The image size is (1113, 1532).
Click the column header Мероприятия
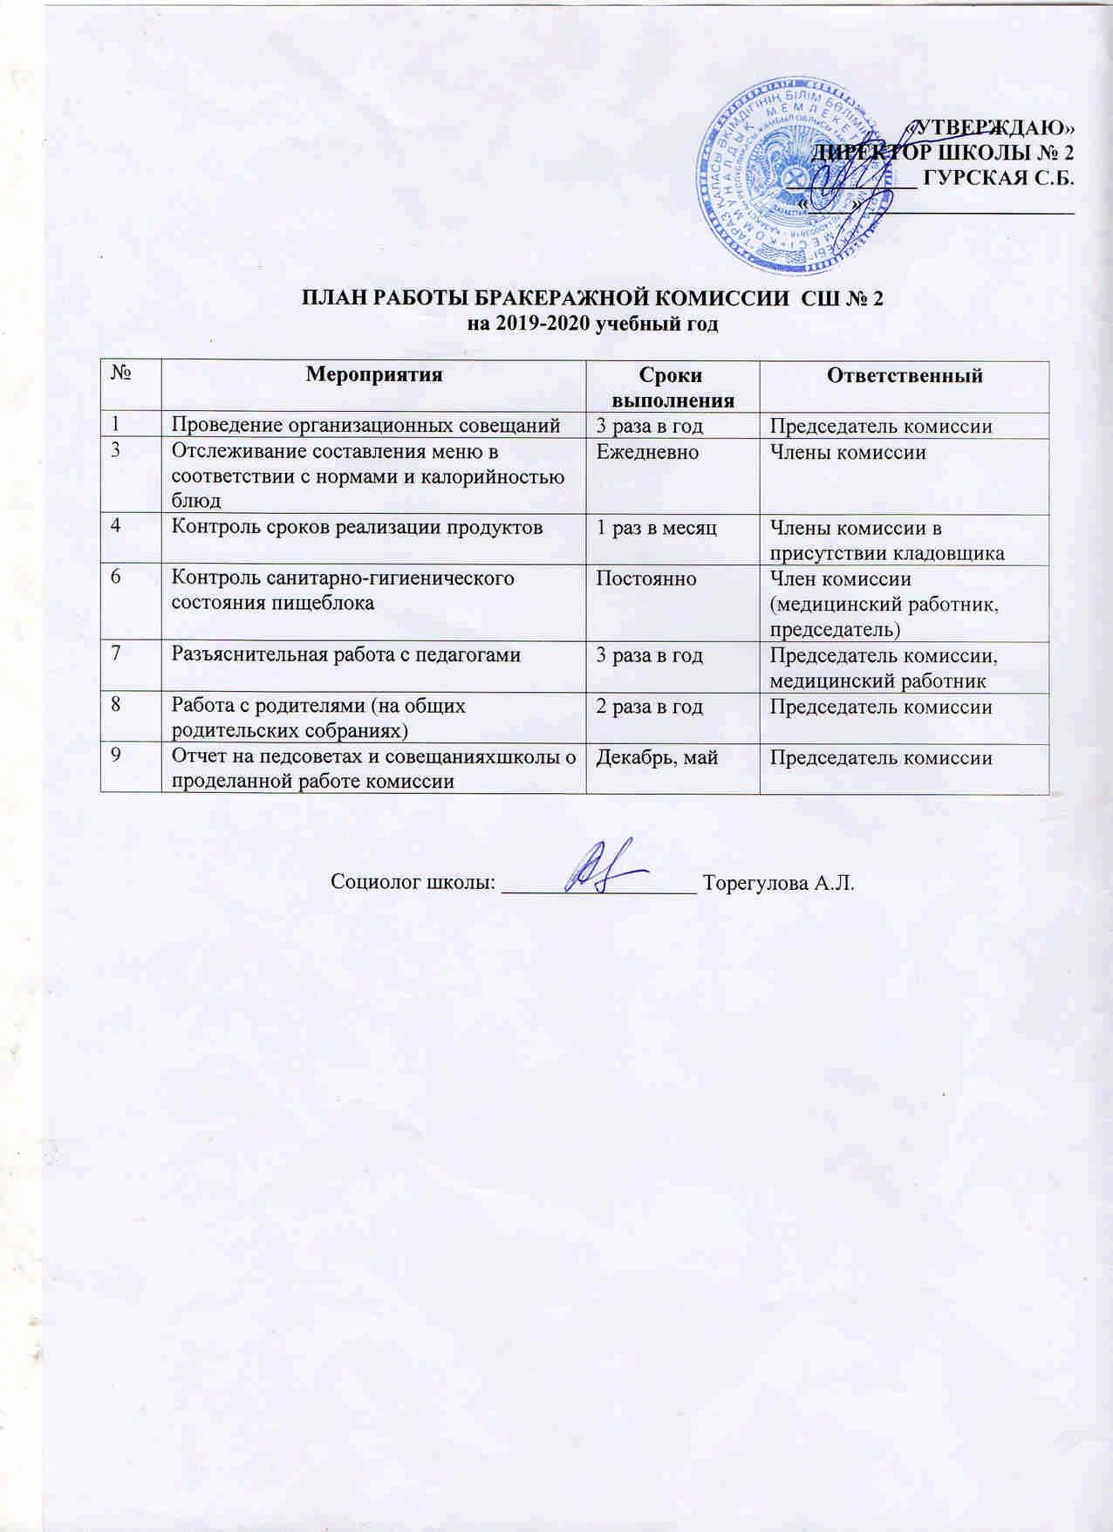[374, 375]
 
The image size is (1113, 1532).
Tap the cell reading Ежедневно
[646, 452]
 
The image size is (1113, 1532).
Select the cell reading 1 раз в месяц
[656, 527]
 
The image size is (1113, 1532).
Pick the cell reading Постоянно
[645, 578]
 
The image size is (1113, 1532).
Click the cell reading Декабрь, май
[657, 757]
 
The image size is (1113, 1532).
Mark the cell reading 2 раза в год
[649, 707]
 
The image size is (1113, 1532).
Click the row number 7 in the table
[114, 654]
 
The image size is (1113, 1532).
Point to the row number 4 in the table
[114, 527]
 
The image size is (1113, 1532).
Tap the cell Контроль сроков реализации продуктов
[357, 527]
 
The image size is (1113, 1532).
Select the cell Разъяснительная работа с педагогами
[346, 654]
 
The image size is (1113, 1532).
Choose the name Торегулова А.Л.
[778, 883]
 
